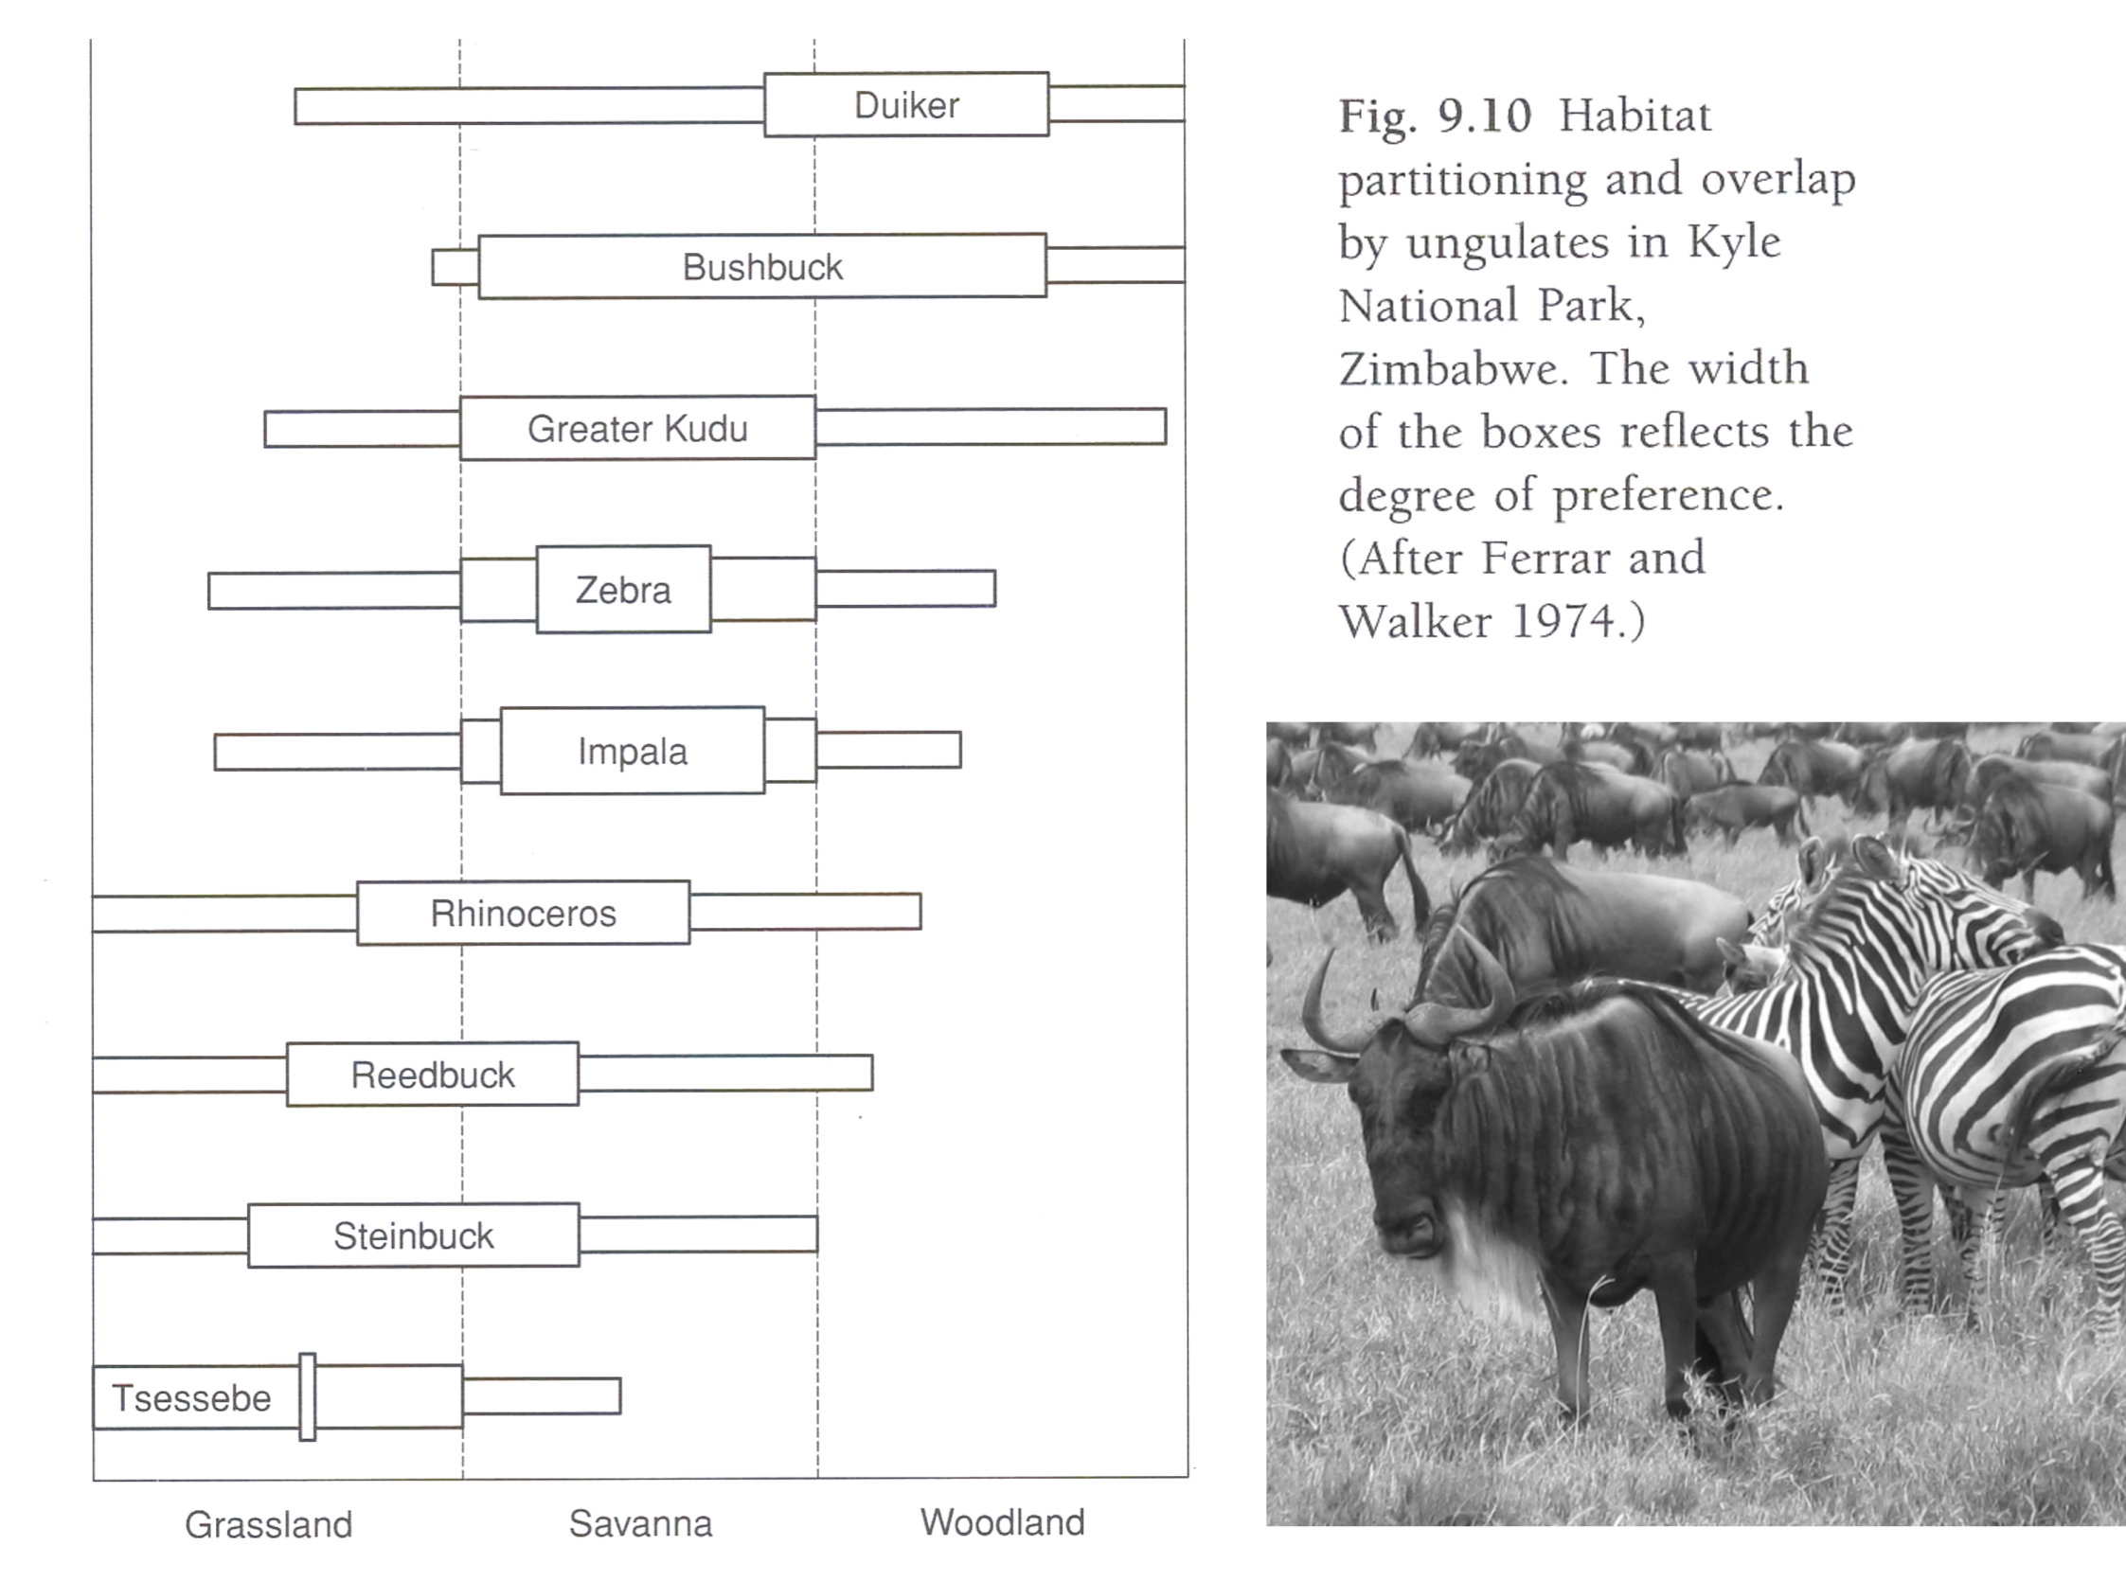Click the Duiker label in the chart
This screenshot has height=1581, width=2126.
(906, 105)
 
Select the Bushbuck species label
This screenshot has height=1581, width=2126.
(762, 267)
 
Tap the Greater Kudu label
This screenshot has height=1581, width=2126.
(637, 429)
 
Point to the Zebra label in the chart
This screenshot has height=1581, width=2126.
(623, 590)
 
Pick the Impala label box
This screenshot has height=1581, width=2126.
(633, 752)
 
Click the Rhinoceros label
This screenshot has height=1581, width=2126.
(523, 913)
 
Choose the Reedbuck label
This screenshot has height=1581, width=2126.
(433, 1075)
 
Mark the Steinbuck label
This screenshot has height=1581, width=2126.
(414, 1235)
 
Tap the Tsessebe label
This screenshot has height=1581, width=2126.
(191, 1398)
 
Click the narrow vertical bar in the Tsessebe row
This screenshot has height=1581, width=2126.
(307, 1396)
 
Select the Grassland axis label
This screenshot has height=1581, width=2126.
(269, 1524)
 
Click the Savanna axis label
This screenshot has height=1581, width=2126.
(640, 1523)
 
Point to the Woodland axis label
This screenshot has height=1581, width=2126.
(1002, 1521)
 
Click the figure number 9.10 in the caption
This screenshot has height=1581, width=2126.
(1485, 115)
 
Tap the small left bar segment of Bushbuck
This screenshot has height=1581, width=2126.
(456, 267)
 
